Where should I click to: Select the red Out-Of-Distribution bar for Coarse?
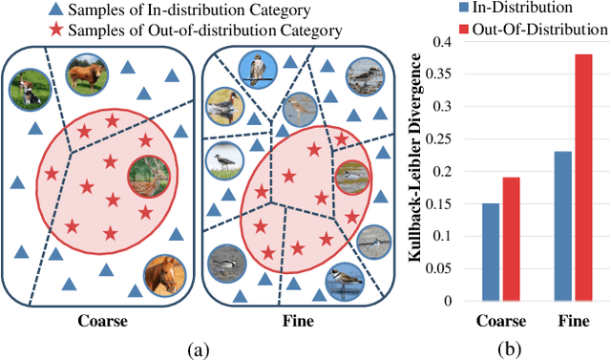pyautogui.click(x=512, y=239)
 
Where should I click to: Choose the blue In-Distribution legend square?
pyautogui.click(x=463, y=9)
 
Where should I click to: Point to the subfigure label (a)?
pyautogui.click(x=200, y=349)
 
